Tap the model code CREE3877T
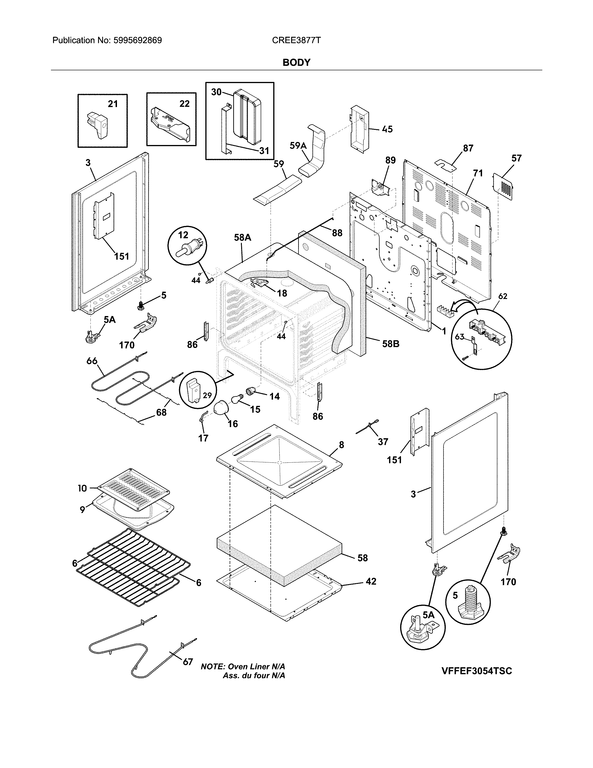tap(296, 40)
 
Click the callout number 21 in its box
tap(112, 104)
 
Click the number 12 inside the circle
tap(183, 235)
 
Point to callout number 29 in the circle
tap(207, 395)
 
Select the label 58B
tap(391, 344)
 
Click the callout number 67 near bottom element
tap(188, 662)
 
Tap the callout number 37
tap(383, 442)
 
